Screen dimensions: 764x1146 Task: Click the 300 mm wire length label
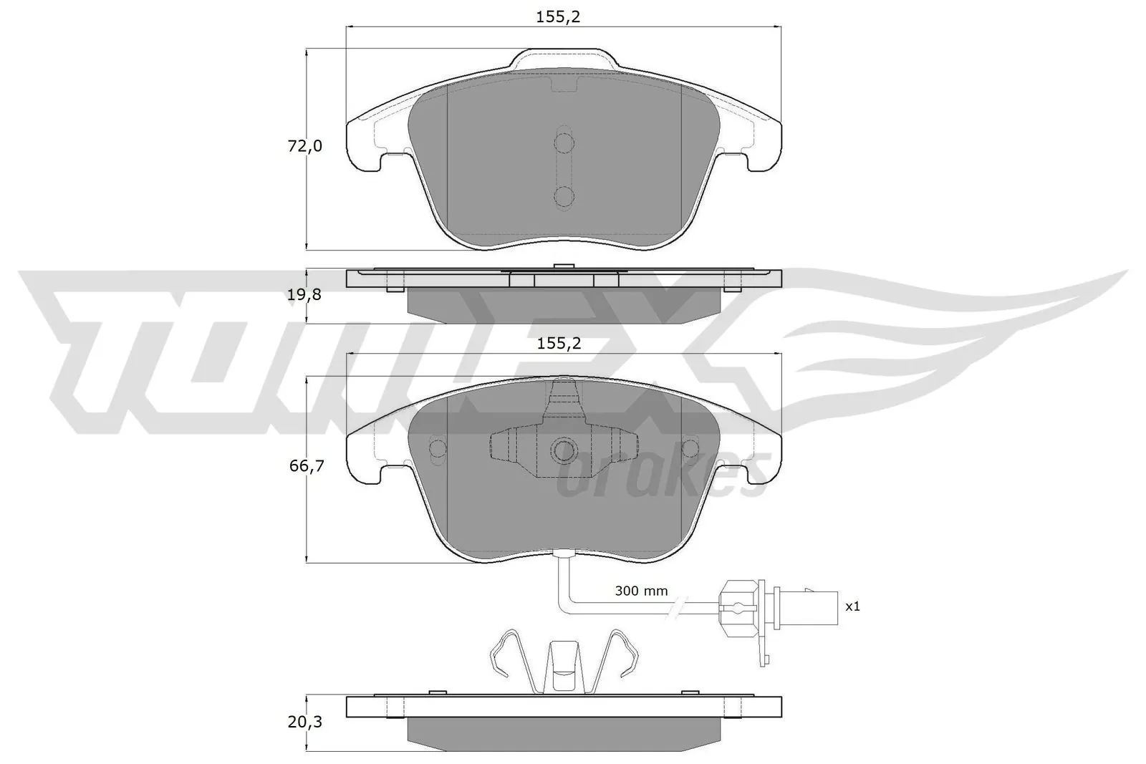pyautogui.click(x=641, y=591)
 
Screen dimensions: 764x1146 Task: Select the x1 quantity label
pyautogui.click(x=852, y=606)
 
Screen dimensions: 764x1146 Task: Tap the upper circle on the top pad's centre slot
pyautogui.click(x=564, y=143)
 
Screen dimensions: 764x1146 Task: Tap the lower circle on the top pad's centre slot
pyautogui.click(x=564, y=196)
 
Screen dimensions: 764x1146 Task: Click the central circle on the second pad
pyautogui.click(x=564, y=450)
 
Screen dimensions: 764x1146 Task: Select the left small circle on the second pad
pyautogui.click(x=437, y=448)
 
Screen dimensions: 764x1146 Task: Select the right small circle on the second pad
pyautogui.click(x=691, y=448)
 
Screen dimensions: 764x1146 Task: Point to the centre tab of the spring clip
pyautogui.click(x=564, y=666)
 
